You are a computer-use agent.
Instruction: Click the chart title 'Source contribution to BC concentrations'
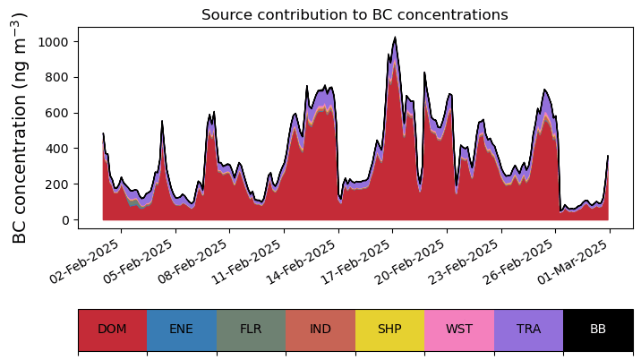(x=355, y=14)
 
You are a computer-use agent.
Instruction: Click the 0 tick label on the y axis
(x=65, y=220)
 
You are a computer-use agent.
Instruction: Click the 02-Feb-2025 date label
(x=84, y=261)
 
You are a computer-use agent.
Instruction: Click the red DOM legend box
(x=113, y=330)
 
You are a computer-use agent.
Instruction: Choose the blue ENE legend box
(x=182, y=330)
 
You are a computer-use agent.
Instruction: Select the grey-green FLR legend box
(x=251, y=330)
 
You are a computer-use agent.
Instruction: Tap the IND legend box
(x=320, y=330)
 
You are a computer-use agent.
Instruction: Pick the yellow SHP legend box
(x=390, y=330)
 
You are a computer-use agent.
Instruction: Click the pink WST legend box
(x=459, y=330)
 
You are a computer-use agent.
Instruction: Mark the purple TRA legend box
(x=528, y=330)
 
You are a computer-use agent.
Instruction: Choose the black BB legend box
(x=599, y=330)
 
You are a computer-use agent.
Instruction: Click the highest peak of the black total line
(x=395, y=38)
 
